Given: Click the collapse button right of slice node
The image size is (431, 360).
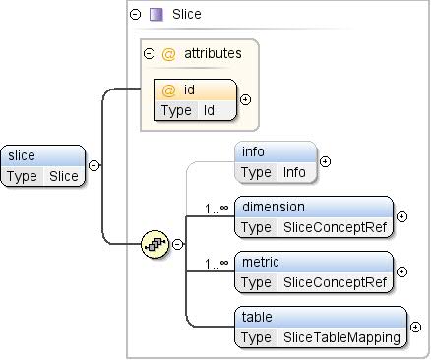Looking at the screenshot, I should coord(93,166).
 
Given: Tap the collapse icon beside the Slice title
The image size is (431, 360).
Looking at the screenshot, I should coord(135,15).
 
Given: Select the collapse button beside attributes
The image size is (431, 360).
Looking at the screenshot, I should coord(149,54).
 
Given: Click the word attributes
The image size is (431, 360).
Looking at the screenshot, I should coord(213,54).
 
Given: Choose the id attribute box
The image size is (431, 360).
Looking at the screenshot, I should coord(195,100).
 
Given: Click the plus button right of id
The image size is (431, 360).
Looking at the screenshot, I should coord(245,100).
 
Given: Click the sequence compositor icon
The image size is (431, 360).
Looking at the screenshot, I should coord(155,244).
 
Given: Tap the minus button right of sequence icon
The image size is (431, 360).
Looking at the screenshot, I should coord(178,244).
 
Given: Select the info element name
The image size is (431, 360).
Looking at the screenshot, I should coord(253,152).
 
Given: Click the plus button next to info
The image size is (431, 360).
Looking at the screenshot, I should coord(325,162).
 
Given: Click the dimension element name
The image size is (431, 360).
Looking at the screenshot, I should coord(274,208).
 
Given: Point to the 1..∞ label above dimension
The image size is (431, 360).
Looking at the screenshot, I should coord(216,208).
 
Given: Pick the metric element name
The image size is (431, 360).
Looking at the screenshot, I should coord(261,263).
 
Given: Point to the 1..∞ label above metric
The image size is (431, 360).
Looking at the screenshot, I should coord(216,263).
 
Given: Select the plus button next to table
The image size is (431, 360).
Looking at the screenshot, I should coord(415,327).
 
